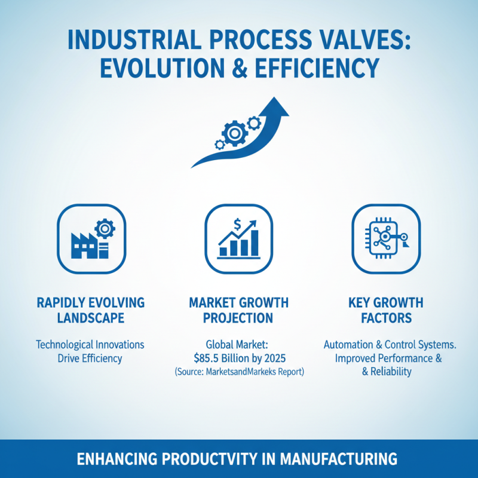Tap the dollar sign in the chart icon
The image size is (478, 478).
(x=238, y=225)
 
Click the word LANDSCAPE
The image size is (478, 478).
(x=91, y=318)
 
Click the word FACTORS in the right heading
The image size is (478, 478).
(x=387, y=318)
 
